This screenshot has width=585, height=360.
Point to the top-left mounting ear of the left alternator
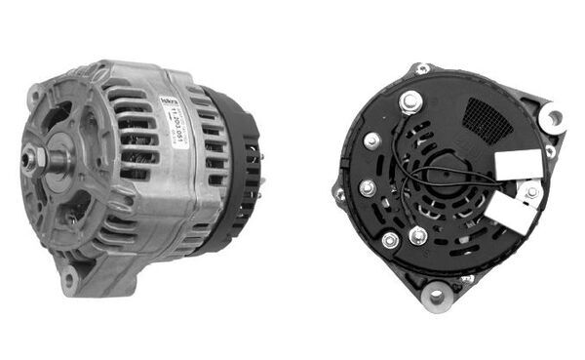point(35,96)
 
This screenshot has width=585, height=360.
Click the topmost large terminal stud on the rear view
point(409,100)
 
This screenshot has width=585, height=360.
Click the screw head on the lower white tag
point(531,193)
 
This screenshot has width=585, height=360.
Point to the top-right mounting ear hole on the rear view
point(553,117)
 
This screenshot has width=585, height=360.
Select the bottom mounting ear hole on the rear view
point(438,292)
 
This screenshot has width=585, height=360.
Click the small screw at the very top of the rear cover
point(422,68)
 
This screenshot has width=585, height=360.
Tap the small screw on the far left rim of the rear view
point(340,192)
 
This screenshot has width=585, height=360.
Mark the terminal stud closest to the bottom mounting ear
point(417,234)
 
